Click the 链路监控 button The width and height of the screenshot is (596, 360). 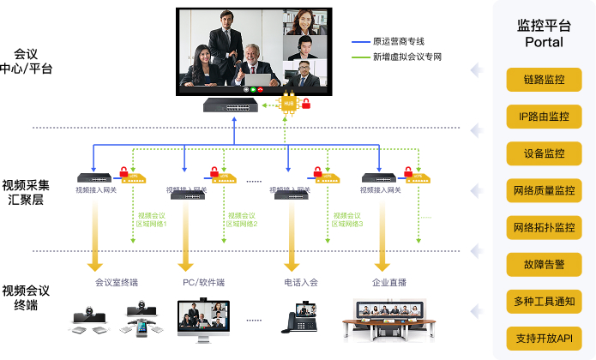(544, 80)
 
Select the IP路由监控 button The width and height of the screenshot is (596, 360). (544, 117)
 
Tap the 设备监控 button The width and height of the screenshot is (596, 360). (544, 153)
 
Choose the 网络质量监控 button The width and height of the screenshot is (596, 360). (544, 190)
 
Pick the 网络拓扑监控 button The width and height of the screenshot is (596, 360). (544, 227)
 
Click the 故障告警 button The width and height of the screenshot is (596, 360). (544, 264)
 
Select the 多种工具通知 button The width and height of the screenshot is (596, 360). (544, 301)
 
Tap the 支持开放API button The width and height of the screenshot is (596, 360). (544, 339)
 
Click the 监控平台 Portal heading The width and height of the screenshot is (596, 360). (544, 33)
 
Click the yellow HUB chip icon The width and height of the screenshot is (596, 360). (289, 103)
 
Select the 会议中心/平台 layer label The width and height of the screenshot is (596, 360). (26, 61)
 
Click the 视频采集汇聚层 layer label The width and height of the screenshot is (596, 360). (26, 191)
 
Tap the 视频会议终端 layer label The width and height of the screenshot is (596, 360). (26, 297)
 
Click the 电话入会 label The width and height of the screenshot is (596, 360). (301, 282)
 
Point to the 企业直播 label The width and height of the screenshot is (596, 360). (388, 282)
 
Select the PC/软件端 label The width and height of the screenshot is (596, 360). (203, 282)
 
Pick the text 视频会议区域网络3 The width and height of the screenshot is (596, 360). (347, 219)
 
